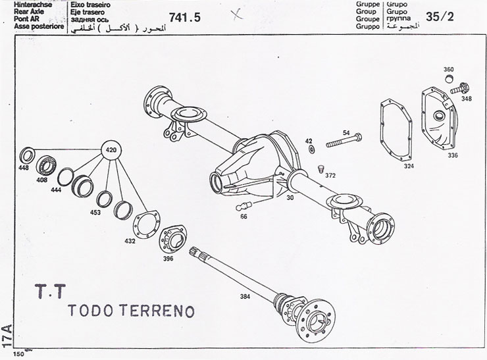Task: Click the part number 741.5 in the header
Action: [184, 18]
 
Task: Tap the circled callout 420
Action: [112, 151]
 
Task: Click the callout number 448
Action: [24, 168]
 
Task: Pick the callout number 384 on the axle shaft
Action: [245, 297]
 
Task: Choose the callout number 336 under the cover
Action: [453, 155]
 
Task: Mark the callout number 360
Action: [448, 69]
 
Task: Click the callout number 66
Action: [244, 217]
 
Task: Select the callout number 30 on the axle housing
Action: [290, 198]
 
